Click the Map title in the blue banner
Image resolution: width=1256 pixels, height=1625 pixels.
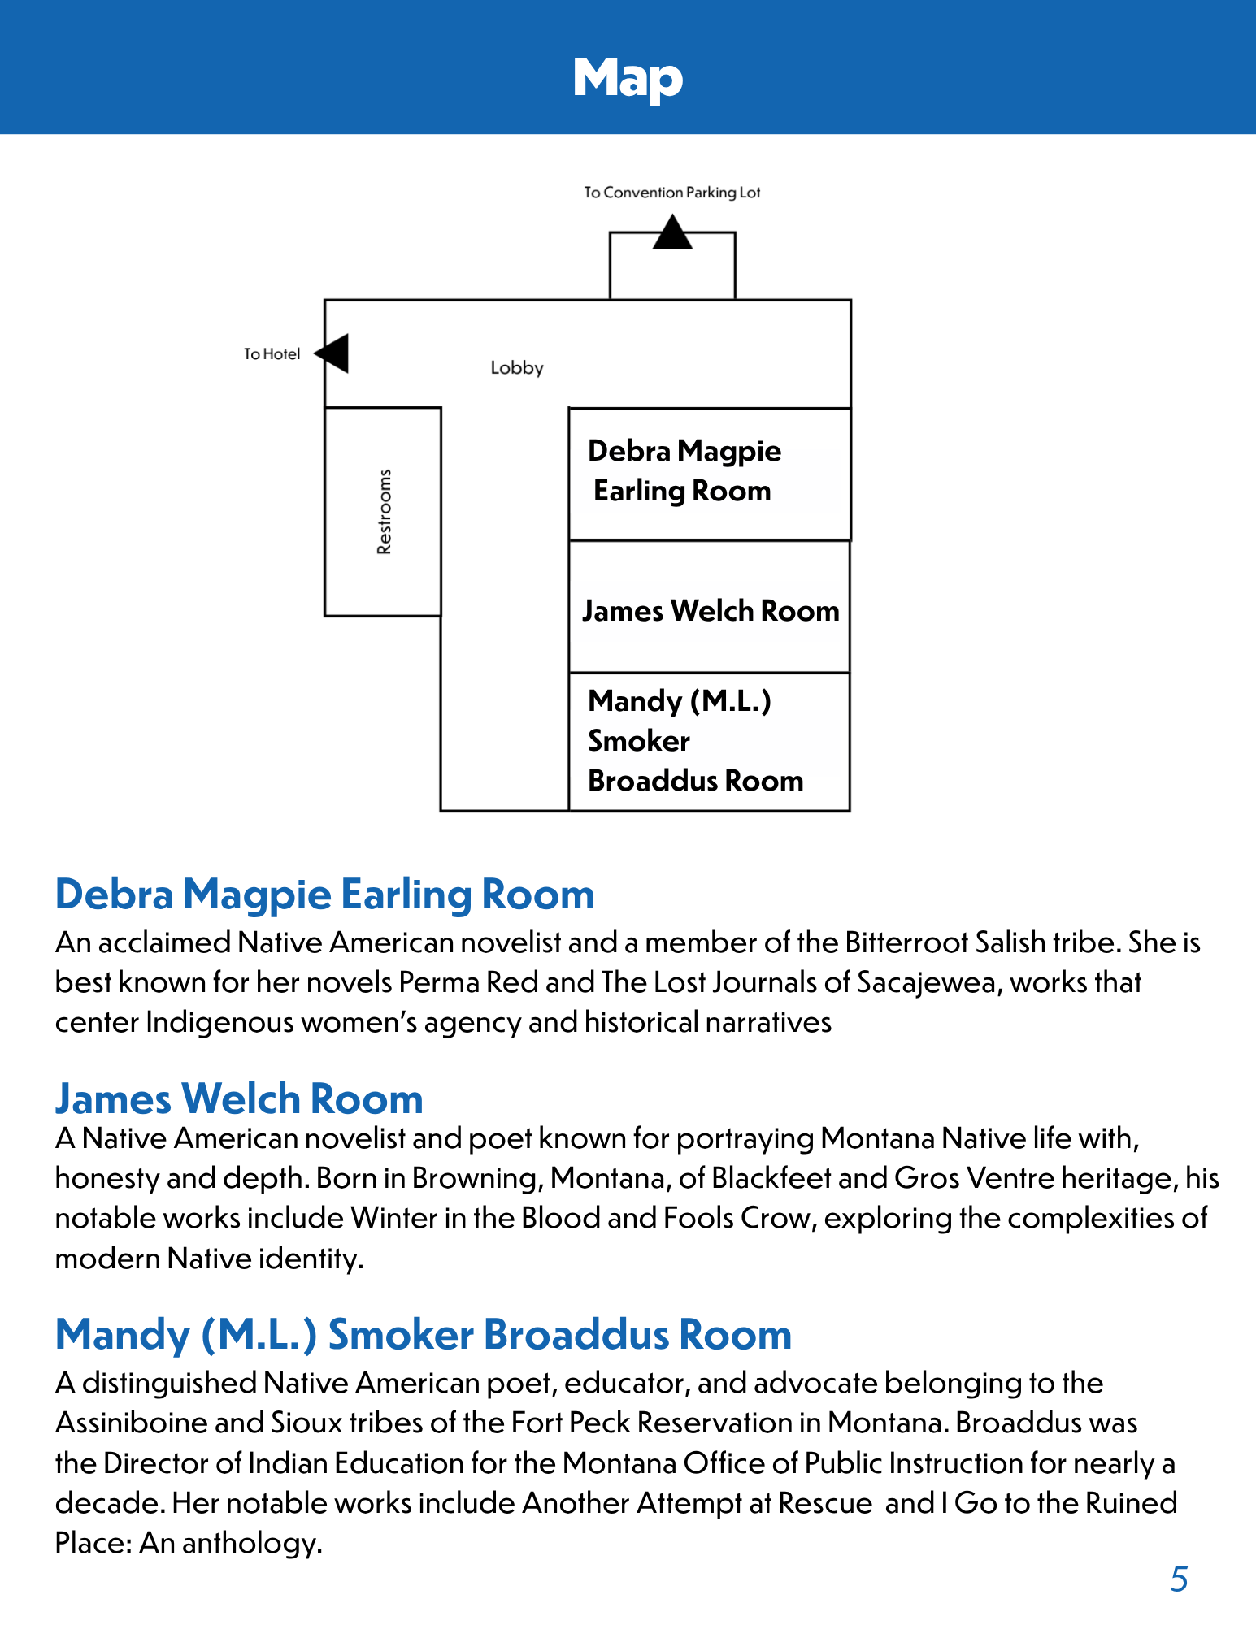[628, 79]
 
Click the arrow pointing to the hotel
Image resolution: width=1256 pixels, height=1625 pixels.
[333, 353]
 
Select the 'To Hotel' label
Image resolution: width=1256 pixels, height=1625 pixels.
[272, 354]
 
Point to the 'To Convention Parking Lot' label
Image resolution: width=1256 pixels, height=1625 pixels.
[671, 193]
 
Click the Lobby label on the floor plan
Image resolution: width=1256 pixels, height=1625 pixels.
[516, 368]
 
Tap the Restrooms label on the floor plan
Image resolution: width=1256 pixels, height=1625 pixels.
[384, 512]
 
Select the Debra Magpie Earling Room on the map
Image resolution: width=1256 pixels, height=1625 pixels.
[709, 473]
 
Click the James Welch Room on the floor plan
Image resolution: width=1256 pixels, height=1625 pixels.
[710, 609]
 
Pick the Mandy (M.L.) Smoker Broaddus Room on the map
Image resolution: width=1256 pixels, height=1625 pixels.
[709, 741]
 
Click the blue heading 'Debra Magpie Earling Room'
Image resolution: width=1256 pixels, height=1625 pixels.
[324, 894]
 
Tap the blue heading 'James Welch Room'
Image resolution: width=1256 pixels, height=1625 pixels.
[239, 1098]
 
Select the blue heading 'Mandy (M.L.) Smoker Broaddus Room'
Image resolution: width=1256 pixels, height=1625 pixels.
[423, 1334]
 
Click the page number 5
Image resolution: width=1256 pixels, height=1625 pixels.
[1179, 1579]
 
